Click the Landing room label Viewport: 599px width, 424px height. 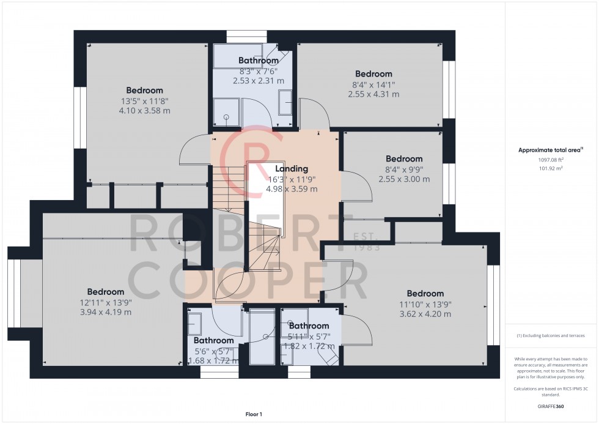[x=292, y=169]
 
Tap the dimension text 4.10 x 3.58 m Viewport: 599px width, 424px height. [x=145, y=111]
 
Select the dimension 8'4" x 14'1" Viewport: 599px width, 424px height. [x=373, y=84]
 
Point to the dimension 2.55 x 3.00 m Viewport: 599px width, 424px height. [x=404, y=179]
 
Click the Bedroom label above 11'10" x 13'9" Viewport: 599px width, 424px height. [x=425, y=294]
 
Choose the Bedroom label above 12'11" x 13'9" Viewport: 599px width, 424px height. [x=105, y=292]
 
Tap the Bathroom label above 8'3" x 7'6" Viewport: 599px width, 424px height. [x=259, y=61]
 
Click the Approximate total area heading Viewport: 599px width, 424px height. [x=551, y=150]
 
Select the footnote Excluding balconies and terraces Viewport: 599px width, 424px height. [x=551, y=336]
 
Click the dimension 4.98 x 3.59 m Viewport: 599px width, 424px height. [x=292, y=189]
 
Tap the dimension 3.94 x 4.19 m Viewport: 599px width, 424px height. [x=105, y=312]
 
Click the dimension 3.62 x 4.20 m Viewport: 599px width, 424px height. [x=425, y=314]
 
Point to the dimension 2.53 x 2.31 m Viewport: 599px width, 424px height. [x=259, y=80]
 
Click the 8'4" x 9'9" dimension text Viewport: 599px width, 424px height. [x=404, y=169]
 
